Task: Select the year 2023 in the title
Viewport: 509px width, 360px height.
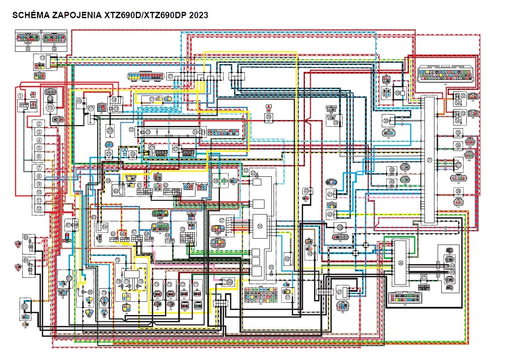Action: click(199, 15)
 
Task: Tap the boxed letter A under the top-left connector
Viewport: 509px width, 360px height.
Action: click(28, 48)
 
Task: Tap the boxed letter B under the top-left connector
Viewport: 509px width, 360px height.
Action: click(54, 48)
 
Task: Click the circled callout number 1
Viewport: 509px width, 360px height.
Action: click(20, 95)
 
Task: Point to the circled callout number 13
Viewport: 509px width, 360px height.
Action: click(42, 58)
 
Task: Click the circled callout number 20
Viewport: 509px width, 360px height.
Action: click(110, 130)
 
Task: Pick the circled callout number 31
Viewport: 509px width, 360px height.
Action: click(429, 160)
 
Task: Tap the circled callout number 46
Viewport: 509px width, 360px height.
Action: click(400, 262)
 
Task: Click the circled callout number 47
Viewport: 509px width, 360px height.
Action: click(339, 292)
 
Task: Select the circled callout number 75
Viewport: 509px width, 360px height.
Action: click(117, 260)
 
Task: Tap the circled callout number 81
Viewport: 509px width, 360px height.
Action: click(68, 225)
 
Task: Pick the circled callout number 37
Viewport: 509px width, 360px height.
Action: click(459, 165)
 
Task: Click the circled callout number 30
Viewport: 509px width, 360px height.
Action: click(386, 120)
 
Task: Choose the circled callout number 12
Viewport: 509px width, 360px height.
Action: click(40, 209)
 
